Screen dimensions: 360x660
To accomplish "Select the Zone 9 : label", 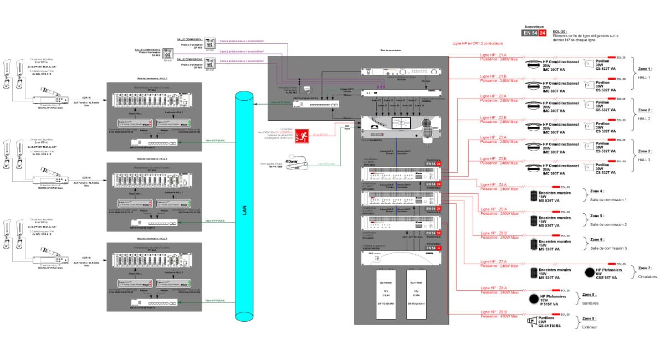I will pyautogui.click(x=589, y=318).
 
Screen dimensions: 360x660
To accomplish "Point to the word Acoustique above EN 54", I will pyautogui.click(x=534, y=27).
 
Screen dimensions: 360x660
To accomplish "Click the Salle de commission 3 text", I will pyautogui.click(x=608, y=248).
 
